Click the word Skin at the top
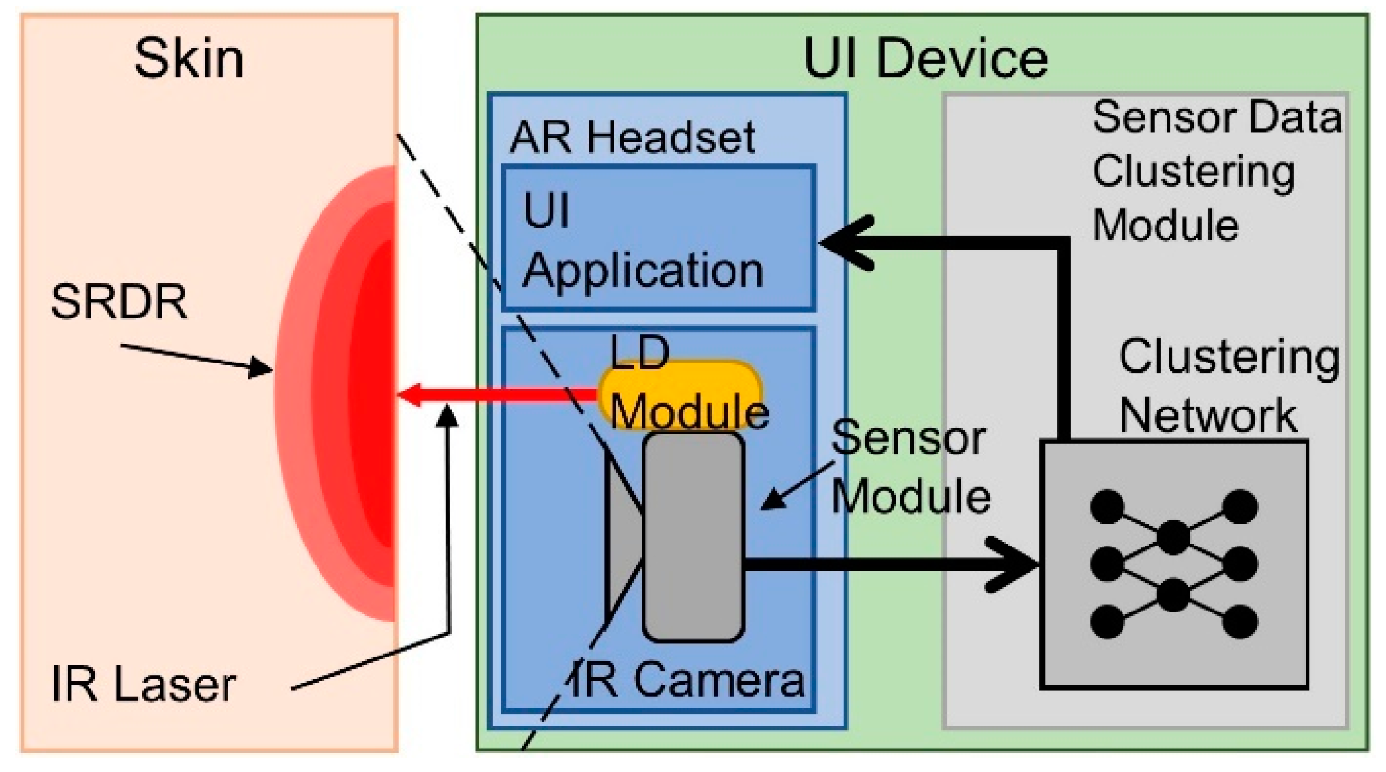(189, 59)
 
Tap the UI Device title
(925, 59)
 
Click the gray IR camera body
(693, 537)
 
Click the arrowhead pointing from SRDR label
(263, 368)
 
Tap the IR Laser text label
(143, 684)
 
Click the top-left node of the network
(1107, 506)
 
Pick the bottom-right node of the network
(1240, 621)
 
